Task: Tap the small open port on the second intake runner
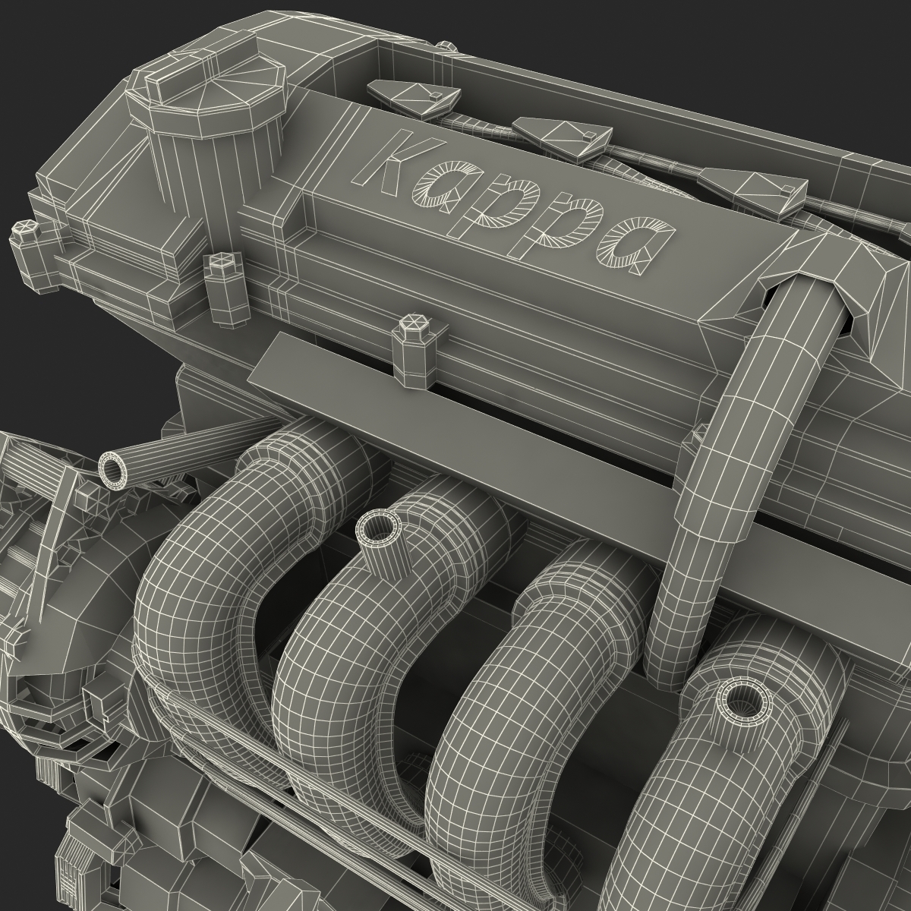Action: click(x=377, y=528)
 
